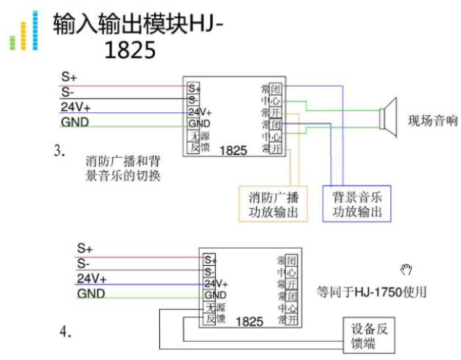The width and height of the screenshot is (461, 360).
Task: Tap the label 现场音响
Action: [x=432, y=121]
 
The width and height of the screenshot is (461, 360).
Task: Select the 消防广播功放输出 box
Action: [x=273, y=204]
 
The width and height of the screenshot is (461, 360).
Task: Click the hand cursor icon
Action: [x=407, y=270]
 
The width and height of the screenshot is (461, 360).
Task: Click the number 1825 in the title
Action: [x=130, y=50]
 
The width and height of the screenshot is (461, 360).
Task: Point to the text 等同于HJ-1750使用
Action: [x=371, y=292]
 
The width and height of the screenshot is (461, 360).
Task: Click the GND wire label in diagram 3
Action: [x=75, y=122]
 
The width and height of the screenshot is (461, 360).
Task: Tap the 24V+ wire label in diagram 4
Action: [x=92, y=279]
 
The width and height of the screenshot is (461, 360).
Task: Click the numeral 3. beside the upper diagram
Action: [x=59, y=152]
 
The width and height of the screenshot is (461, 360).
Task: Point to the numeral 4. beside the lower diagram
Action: [x=66, y=332]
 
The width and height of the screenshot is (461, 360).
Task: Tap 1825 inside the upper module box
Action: [x=233, y=151]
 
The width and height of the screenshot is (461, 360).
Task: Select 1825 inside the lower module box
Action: [x=250, y=320]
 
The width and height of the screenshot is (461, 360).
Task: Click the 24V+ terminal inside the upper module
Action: [x=199, y=112]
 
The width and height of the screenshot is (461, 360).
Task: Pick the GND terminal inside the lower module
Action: [x=215, y=296]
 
